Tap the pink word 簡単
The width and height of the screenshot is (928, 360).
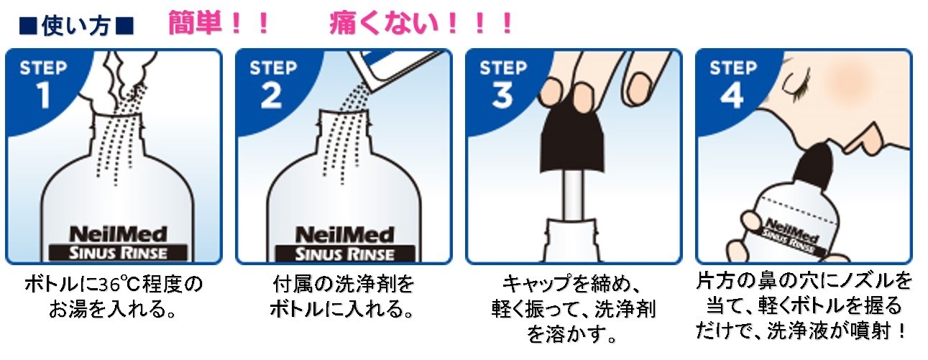point(194,23)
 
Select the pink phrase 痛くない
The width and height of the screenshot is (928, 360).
point(384,23)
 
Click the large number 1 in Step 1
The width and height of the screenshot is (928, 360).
point(43,96)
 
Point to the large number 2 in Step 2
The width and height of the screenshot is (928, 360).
point(272,96)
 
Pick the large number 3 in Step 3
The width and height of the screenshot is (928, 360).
point(502,96)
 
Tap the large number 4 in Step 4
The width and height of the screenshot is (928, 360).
point(732,96)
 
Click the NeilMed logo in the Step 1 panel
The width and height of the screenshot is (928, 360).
point(118,234)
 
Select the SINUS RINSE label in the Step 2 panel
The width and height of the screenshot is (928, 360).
point(345,254)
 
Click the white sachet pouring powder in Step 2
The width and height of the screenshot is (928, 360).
point(394,71)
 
